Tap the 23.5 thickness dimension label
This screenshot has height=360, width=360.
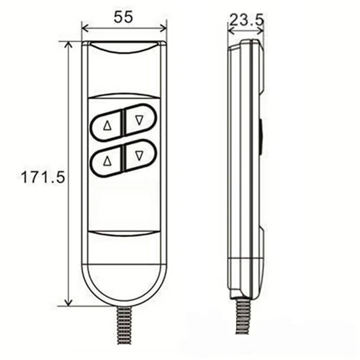(x=246, y=20)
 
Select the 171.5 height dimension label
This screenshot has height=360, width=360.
(x=43, y=177)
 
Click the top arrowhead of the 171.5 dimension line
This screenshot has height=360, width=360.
(x=68, y=45)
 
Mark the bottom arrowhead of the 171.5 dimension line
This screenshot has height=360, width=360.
(x=68, y=302)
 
